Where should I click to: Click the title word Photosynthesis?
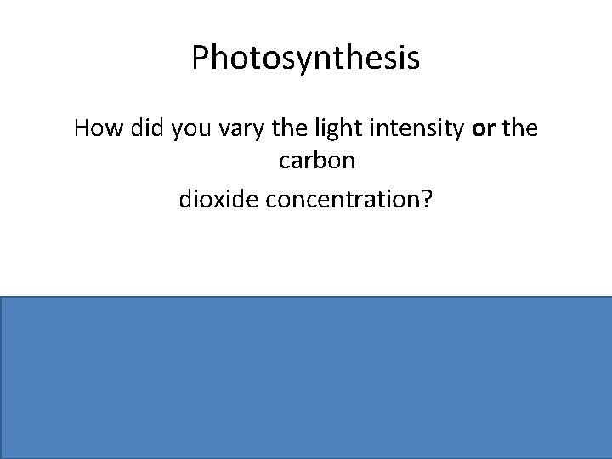pyautogui.click(x=305, y=59)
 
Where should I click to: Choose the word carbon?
pyautogui.click(x=306, y=160)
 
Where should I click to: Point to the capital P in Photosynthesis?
pyautogui.click(x=201, y=58)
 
